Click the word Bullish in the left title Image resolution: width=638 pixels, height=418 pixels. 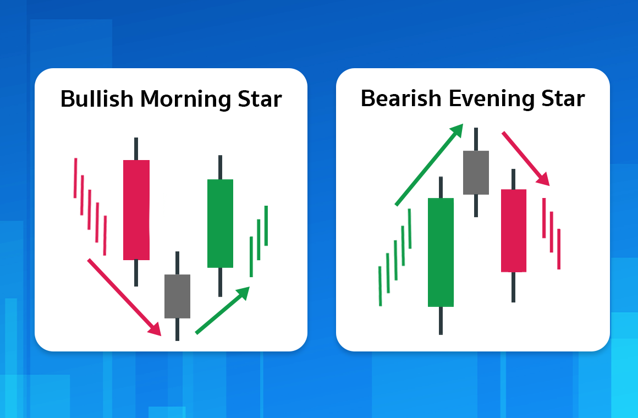97,99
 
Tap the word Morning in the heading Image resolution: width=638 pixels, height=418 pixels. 185,100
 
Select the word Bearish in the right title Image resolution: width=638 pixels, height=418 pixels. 401,98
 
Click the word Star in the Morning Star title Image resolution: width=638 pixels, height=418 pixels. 260,99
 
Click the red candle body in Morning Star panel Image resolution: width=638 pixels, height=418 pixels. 136,210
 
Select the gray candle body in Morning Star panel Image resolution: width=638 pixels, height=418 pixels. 178,296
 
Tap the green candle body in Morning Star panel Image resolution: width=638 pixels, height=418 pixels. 220,223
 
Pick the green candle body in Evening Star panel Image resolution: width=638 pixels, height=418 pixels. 441,252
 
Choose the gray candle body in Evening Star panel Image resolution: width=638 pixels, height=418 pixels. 476,173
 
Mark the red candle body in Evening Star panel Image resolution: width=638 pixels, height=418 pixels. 514,230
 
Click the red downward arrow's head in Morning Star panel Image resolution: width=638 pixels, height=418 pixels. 155,329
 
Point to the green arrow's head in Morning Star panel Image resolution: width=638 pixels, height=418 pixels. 243,293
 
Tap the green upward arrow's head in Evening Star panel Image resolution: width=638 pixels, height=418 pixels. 457,130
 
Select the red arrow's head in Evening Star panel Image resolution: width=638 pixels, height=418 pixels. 543,179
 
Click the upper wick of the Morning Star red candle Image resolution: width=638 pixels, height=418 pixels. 136,149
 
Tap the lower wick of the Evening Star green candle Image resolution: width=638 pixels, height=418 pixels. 441,321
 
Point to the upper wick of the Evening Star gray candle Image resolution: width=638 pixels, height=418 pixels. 476,139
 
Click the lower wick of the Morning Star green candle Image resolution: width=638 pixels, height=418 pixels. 220,282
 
